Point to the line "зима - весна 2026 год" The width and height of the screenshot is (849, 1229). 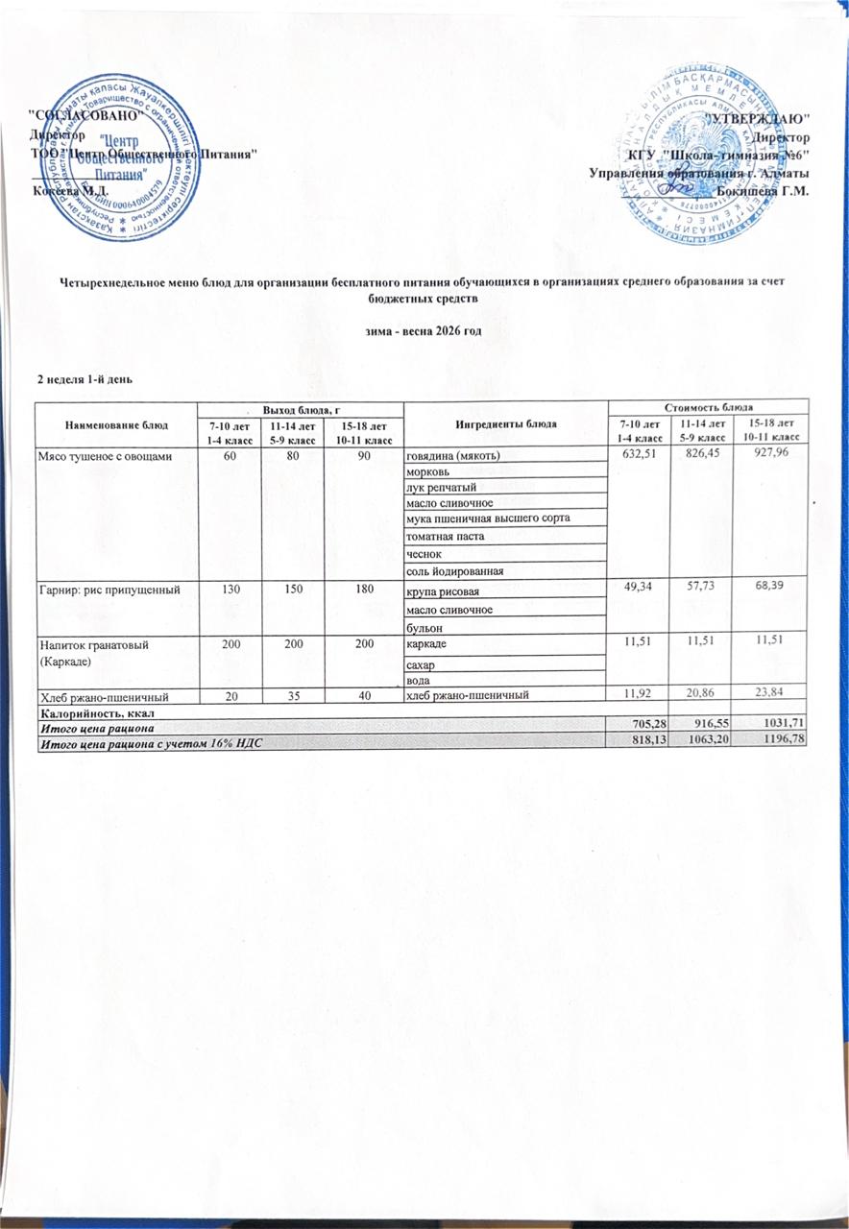point(424,330)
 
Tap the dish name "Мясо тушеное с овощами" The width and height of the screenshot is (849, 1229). point(105,455)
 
